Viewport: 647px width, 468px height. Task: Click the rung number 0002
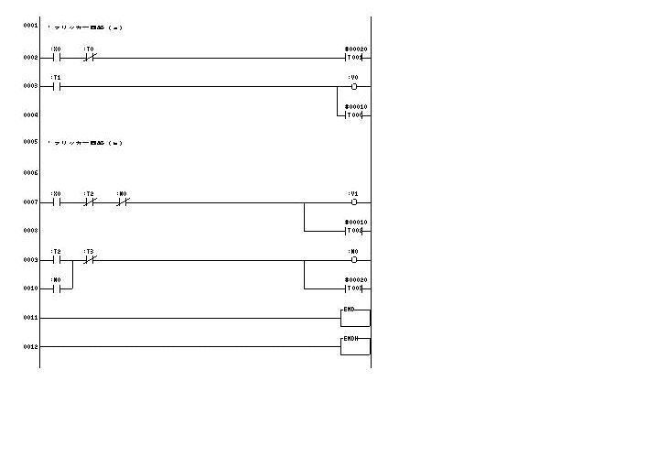pos(30,58)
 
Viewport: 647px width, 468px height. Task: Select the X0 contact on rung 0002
pos(56,58)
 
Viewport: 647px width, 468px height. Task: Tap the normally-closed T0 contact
pos(90,58)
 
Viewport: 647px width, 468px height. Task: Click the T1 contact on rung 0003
pos(56,87)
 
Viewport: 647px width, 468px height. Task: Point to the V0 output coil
pos(354,87)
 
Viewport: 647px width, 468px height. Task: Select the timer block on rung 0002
pos(355,58)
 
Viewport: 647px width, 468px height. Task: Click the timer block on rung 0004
pos(355,115)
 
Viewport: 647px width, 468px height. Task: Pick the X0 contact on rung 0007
pos(56,202)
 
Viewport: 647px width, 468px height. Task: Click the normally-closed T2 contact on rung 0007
pos(90,202)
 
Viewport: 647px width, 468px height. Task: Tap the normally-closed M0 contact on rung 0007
pos(123,202)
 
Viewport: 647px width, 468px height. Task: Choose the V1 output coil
pos(354,202)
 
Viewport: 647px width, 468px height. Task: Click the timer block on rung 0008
pos(355,231)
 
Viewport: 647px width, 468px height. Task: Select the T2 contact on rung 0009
pos(56,260)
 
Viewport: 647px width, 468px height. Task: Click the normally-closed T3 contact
pos(90,260)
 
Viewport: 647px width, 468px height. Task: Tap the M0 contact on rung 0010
pos(56,288)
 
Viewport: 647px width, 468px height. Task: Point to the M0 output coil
pos(354,260)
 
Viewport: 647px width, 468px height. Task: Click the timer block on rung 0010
pos(355,288)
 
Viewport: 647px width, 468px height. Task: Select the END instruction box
pos(355,317)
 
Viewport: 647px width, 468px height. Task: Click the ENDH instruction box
pos(355,345)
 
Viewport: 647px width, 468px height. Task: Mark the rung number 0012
pos(30,346)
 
